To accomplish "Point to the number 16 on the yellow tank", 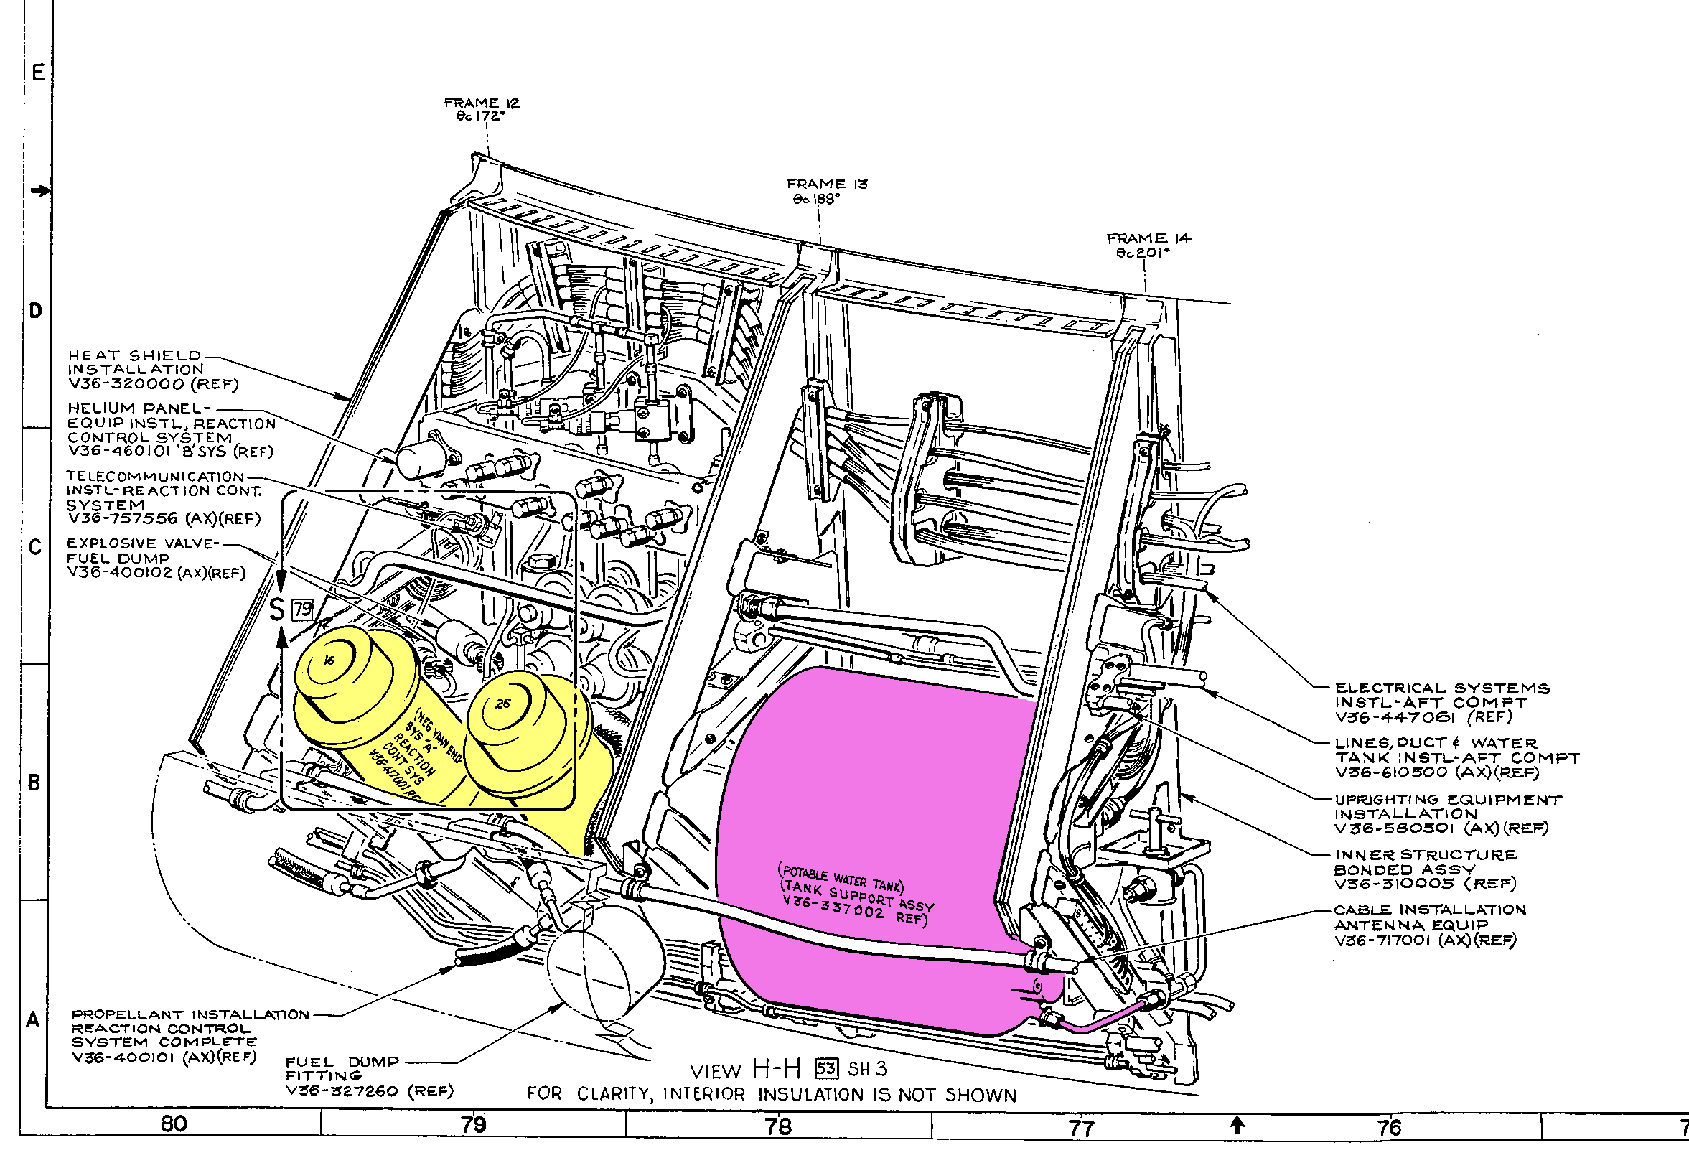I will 329,660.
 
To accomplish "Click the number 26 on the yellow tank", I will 502,704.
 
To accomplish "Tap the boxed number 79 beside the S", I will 302,609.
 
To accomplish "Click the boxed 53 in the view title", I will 826,1069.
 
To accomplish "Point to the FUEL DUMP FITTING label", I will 342,1069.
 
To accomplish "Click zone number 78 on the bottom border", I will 778,1126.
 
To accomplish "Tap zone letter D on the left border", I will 35,311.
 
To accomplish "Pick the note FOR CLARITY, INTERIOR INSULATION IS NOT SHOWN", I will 771,1095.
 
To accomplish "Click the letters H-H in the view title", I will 777,1069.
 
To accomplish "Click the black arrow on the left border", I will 41,191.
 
